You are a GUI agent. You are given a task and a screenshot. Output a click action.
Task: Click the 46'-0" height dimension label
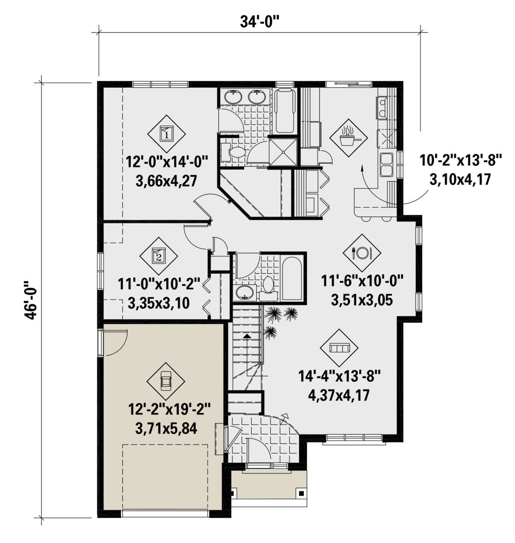[x=30, y=300]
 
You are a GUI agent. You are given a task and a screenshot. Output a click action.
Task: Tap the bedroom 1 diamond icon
[x=167, y=133]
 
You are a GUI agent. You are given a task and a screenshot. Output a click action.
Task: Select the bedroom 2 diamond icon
[x=158, y=256]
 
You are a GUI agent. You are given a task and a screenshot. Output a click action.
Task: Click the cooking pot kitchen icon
[x=348, y=136]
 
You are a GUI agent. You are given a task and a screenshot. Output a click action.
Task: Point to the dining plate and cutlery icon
[x=362, y=252]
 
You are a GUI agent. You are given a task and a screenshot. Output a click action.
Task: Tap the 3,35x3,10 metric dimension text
[x=159, y=303]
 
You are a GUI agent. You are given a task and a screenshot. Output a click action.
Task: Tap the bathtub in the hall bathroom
[x=292, y=279]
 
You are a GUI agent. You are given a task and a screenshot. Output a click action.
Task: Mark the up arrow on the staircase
[x=247, y=337]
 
